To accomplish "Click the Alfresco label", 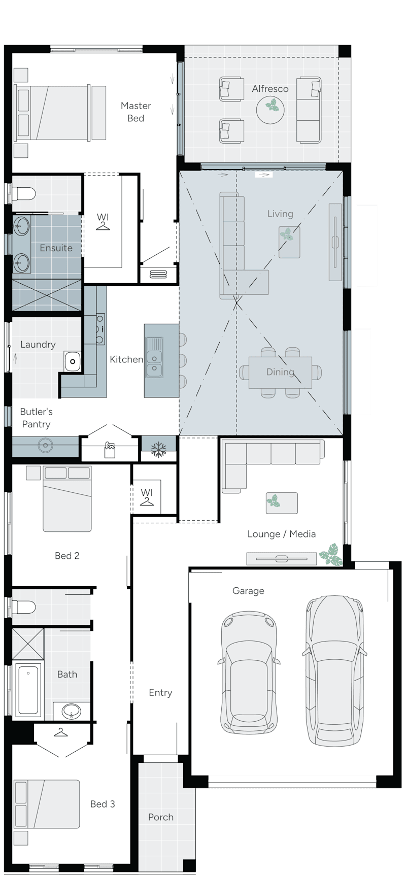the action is click(270, 89).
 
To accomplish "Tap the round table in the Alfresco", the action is click(270, 109).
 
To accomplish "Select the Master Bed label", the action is click(136, 112).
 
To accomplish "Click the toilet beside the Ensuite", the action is click(23, 193).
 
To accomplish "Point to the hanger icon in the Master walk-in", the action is click(103, 226).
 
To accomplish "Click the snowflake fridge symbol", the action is click(159, 450).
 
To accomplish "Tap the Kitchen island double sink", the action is click(154, 357).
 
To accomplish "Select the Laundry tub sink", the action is click(73, 361).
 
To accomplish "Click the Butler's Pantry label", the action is click(37, 418).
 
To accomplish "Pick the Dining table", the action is click(280, 372).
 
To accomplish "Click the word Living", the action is click(280, 214).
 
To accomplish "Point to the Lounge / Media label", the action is click(282, 534).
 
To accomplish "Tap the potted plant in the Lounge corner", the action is click(331, 555).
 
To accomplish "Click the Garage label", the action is click(248, 591).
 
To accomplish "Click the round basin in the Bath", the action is click(72, 711).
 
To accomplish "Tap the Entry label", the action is click(160, 693).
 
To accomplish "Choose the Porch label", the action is click(161, 817).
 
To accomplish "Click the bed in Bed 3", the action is click(47, 804).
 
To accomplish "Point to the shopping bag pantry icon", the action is click(110, 450).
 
